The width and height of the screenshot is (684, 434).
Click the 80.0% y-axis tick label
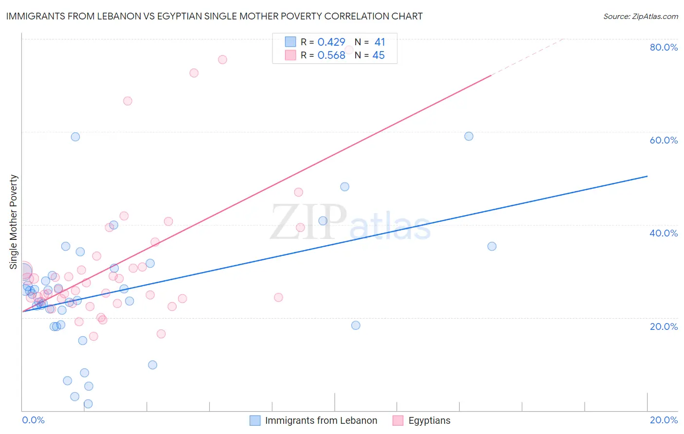(x=664, y=47)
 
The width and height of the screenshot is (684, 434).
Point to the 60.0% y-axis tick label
(x=664, y=140)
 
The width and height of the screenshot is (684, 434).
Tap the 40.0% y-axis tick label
(x=664, y=233)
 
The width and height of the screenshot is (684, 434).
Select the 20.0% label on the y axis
(x=664, y=326)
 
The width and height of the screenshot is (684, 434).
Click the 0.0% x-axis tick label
(x=33, y=420)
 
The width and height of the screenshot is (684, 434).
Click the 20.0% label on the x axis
(x=664, y=420)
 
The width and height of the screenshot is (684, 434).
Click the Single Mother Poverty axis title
(x=14, y=222)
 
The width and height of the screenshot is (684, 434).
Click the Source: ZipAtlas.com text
(x=640, y=16)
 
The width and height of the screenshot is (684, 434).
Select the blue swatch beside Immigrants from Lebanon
(x=255, y=420)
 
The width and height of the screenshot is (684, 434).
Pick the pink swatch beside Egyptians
(x=398, y=420)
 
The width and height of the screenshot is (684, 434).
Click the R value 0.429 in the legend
(x=331, y=42)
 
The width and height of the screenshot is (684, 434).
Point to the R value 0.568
(x=331, y=55)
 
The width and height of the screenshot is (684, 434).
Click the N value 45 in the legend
(x=378, y=55)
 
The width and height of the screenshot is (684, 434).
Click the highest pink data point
(x=222, y=59)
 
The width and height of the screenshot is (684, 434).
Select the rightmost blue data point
(x=492, y=246)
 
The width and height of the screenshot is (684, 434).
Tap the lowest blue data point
(x=88, y=404)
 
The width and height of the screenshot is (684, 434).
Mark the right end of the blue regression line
(x=647, y=176)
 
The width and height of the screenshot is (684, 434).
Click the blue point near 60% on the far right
(x=468, y=136)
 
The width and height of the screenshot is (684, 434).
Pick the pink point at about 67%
(x=127, y=101)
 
